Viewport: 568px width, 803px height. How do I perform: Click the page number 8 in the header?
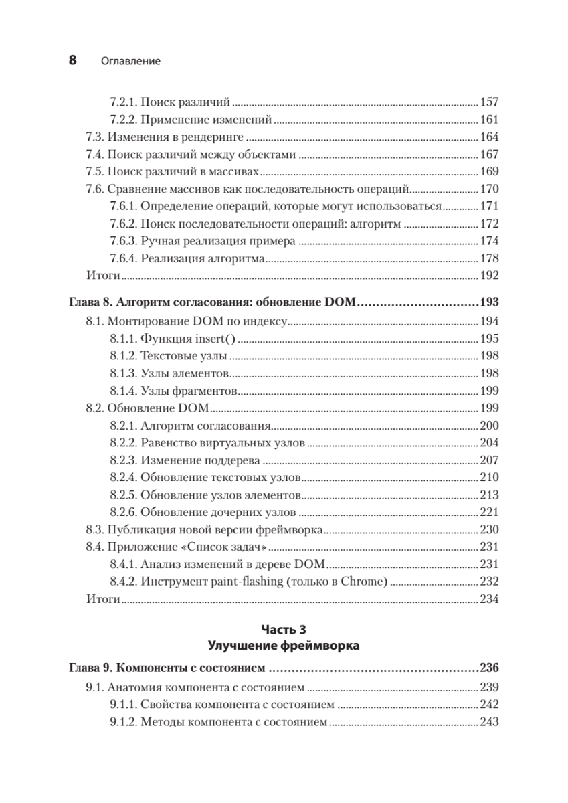73,60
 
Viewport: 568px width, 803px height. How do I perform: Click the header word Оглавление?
130,61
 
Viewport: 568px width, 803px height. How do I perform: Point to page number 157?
490,103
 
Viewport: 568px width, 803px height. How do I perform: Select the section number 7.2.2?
123,120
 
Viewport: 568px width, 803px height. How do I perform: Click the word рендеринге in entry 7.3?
215,137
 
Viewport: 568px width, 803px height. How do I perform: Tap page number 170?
490,189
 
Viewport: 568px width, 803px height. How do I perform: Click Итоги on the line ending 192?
102,275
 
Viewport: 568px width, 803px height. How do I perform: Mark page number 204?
490,442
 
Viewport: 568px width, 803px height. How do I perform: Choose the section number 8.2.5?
123,495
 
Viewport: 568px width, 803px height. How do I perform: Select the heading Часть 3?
283,630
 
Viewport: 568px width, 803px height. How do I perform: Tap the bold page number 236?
490,668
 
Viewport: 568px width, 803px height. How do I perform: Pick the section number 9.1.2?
123,722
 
